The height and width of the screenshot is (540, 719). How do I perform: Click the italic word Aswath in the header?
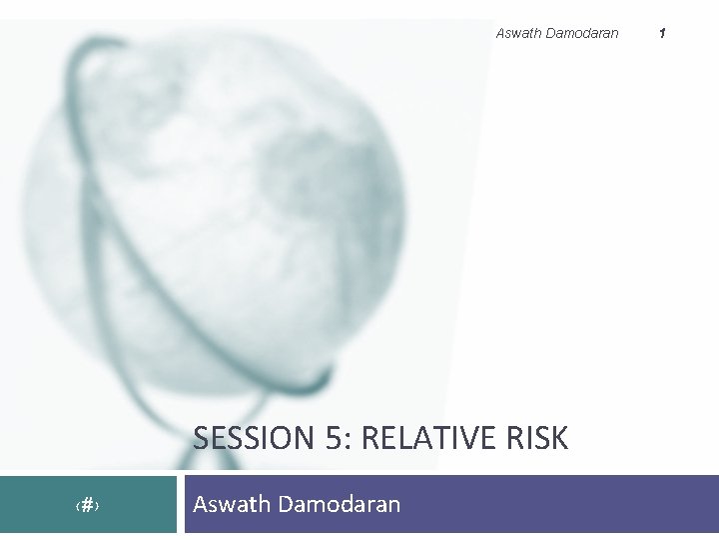[518, 33]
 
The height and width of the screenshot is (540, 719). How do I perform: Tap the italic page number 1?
[661, 33]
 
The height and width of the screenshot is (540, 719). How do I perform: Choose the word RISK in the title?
[540, 438]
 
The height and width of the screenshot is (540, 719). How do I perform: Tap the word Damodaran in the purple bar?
[340, 504]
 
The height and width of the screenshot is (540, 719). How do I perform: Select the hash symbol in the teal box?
[87, 506]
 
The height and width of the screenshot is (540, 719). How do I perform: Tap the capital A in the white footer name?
[201, 504]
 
